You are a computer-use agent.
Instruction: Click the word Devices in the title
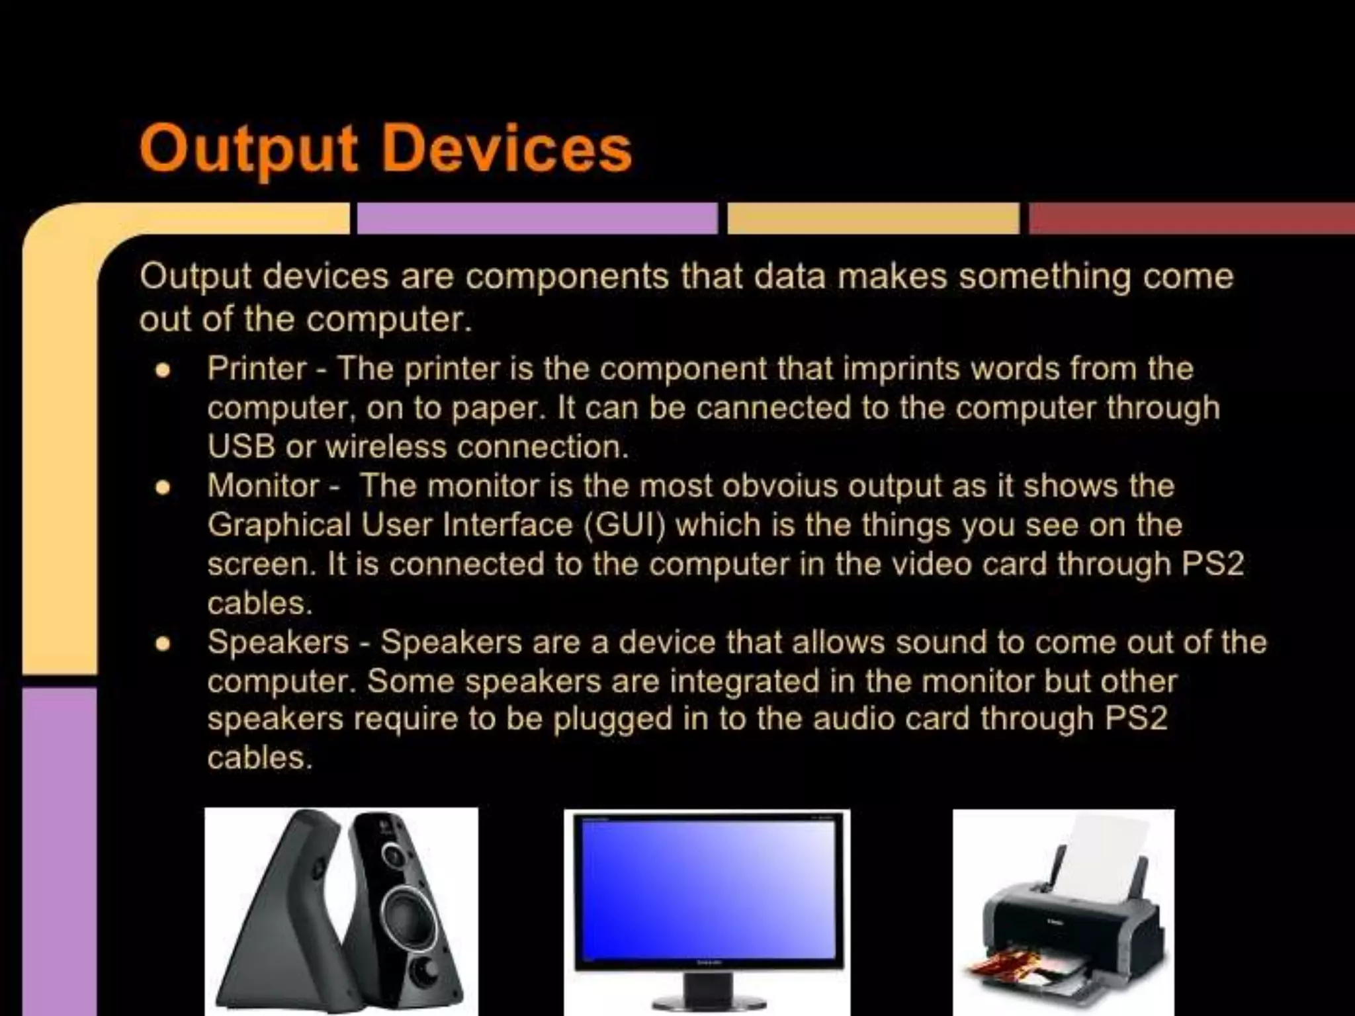pos(507,149)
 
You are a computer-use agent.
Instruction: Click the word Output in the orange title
pos(248,149)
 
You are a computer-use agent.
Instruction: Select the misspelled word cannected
pos(772,407)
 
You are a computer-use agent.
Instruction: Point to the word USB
pos(241,446)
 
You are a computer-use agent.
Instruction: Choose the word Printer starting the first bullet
pos(257,368)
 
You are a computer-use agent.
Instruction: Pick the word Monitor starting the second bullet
pos(263,486)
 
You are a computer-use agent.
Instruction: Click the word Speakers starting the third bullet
pos(278,642)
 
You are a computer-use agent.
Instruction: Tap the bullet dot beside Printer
pos(163,370)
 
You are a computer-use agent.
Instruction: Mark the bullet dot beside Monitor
pos(163,488)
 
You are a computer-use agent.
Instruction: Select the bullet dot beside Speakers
pos(163,644)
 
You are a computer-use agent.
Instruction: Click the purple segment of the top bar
pos(537,218)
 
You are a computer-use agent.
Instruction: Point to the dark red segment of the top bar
pos(1191,218)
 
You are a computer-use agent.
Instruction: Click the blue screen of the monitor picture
pos(707,886)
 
